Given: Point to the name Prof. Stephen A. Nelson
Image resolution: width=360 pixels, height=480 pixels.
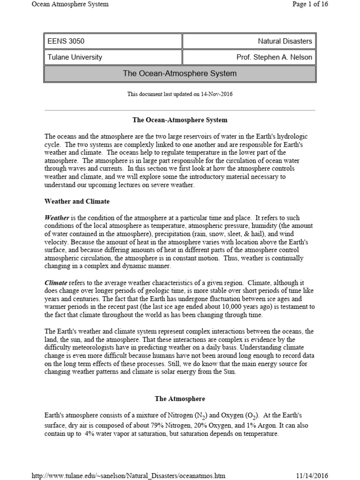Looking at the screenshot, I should click(274, 58).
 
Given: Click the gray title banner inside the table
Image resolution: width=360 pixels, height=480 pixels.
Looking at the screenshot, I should click(180, 74).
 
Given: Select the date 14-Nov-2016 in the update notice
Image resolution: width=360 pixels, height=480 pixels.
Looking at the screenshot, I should click(217, 94).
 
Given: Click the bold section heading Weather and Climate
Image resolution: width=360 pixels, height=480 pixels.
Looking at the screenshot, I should click(77, 202).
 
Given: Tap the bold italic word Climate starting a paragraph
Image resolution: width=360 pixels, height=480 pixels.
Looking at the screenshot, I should click(56, 283).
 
